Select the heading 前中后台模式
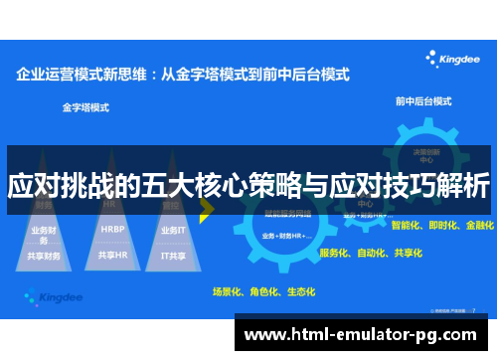tap(422, 101)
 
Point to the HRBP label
tap(112, 229)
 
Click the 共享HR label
tap(112, 255)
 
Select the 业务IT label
tap(173, 230)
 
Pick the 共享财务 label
tap(46, 255)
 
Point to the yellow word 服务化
tap(336, 253)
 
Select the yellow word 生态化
tap(299, 292)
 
